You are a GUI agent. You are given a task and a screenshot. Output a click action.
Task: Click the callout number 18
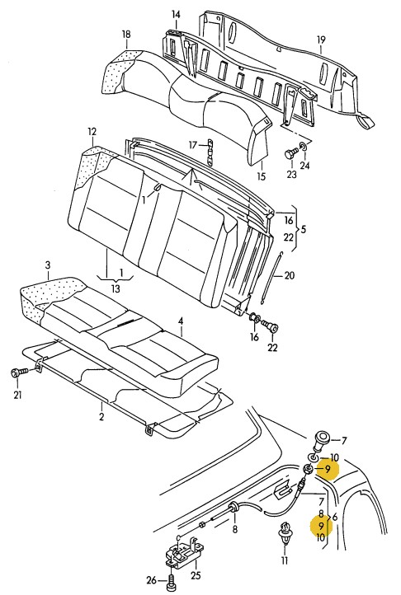point(126,34)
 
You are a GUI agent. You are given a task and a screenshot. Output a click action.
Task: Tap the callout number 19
point(321,40)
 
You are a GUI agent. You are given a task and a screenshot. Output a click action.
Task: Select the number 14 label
point(176,15)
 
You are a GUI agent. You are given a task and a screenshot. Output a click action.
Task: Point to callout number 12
point(92,132)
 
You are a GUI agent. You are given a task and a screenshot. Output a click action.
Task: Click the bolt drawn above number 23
point(290,154)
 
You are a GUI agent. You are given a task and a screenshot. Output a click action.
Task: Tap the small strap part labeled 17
point(210,152)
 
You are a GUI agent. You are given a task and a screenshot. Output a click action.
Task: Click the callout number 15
point(261,176)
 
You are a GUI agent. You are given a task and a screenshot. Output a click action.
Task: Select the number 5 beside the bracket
point(303,229)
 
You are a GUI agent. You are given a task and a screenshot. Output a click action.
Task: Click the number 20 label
point(290,275)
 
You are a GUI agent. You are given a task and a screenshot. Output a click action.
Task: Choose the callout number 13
point(116,288)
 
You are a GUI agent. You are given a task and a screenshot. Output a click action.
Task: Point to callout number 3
point(48,265)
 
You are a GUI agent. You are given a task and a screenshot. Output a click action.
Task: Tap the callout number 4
point(181,321)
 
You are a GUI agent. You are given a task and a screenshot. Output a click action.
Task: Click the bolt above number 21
point(19,372)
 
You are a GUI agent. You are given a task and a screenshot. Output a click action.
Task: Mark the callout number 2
point(101,416)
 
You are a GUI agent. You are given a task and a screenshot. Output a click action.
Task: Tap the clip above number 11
point(285,533)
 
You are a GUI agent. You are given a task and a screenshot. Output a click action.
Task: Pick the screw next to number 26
point(171,581)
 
